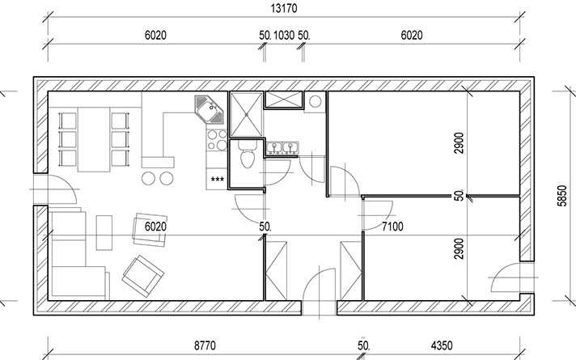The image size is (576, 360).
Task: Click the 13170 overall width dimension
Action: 284,8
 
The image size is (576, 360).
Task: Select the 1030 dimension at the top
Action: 284,36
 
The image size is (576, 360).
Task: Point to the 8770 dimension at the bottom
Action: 205,345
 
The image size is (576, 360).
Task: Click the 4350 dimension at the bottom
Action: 442,345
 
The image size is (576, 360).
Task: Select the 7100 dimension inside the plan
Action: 392,227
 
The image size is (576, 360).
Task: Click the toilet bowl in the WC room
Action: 247,155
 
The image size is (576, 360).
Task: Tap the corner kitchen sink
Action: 209,109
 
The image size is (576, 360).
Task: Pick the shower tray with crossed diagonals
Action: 246,115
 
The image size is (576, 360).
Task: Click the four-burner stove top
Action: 217,140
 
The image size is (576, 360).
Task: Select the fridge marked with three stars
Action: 217,180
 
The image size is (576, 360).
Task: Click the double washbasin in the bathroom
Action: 282,148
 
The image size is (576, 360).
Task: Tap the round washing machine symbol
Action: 316,101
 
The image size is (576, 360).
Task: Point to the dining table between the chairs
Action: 94,140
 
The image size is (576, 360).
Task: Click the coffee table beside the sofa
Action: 104,232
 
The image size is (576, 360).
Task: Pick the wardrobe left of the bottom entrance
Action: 276,271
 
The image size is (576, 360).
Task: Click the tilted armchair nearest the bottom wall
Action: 143,276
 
